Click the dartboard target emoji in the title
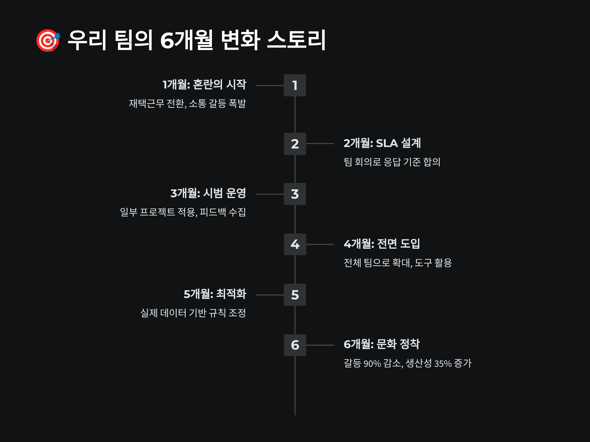tap(48, 40)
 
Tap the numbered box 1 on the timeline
tap(295, 85)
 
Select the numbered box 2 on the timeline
tap(295, 144)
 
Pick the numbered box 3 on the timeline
tap(295, 194)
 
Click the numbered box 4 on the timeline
tap(295, 244)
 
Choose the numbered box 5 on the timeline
tap(295, 295)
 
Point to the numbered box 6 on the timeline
tap(295, 345)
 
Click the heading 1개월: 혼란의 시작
tap(204, 85)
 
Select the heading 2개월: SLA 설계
tap(382, 143)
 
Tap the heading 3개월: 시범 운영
tap(208, 193)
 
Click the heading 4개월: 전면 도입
tap(382, 244)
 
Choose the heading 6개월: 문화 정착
tap(382, 344)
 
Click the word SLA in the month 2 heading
tap(387, 144)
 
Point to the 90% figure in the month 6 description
tap(372, 364)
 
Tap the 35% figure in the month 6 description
tap(443, 364)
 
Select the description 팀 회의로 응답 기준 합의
tap(392, 162)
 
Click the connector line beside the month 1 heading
tap(270, 86)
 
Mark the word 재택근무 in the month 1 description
tap(147, 103)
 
